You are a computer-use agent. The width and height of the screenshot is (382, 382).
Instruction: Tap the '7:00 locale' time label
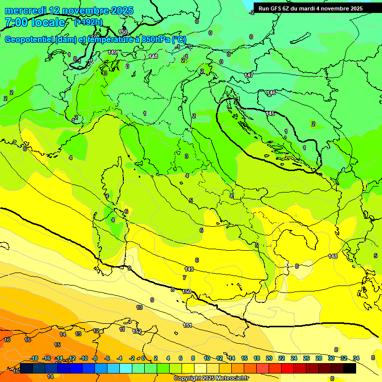click(35, 22)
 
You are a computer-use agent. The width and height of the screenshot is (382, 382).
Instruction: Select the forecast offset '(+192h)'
click(89, 22)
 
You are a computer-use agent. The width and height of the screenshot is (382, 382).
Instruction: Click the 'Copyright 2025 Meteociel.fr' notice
click(211, 378)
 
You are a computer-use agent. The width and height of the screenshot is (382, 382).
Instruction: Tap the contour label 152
click(137, 331)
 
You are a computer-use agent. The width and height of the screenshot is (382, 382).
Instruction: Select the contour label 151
click(188, 325)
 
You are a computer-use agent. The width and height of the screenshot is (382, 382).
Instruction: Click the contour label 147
click(249, 75)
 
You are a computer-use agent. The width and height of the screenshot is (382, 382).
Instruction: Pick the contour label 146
click(271, 93)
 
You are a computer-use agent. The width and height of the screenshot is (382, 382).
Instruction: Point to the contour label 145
click(270, 114)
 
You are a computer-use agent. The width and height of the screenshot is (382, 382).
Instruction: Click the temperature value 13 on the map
click(78, 334)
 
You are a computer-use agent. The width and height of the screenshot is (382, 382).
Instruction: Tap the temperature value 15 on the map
click(57, 345)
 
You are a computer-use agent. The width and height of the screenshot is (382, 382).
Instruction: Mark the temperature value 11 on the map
click(122, 329)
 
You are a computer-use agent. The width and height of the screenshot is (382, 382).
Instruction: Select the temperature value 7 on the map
click(185, 278)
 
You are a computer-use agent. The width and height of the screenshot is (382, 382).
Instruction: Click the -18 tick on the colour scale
click(34, 358)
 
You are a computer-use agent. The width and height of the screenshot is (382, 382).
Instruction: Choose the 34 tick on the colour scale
click(356, 358)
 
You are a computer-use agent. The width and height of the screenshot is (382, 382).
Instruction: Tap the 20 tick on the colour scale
click(269, 358)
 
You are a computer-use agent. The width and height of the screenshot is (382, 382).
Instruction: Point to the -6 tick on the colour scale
click(107, 358)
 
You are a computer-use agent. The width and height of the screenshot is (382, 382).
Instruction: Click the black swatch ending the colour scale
click(349, 368)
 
